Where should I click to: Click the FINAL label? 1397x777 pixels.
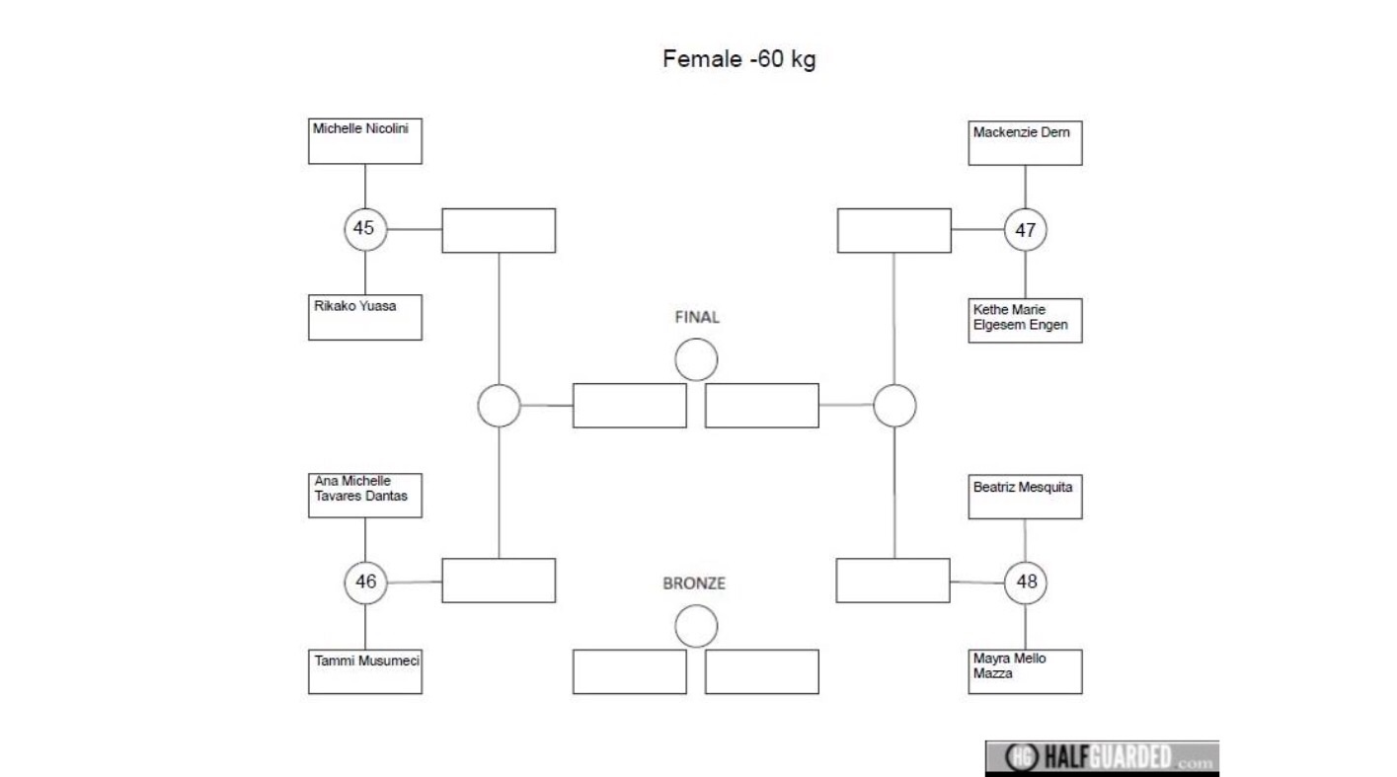(x=697, y=317)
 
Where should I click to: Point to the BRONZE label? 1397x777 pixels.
(x=694, y=583)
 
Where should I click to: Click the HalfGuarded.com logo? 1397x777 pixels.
(x=1102, y=757)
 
